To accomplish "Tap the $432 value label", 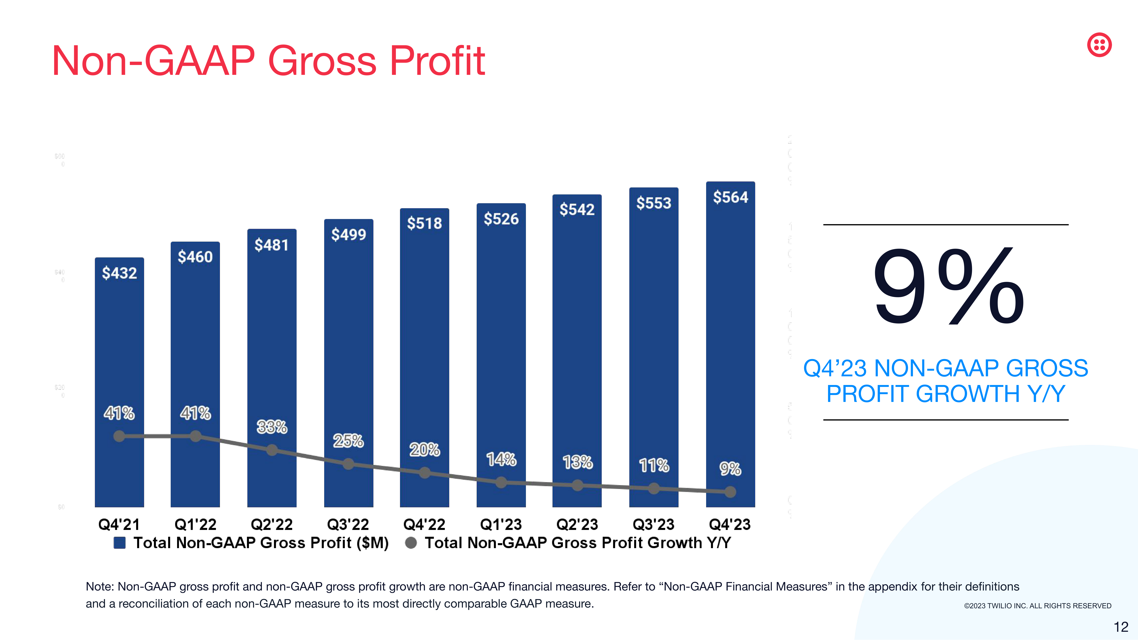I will point(119,273).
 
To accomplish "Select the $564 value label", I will point(730,197).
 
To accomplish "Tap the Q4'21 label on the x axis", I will point(119,524).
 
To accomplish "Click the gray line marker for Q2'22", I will point(272,450).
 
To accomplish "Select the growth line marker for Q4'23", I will point(730,492).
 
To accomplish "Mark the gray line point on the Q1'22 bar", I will point(195,436).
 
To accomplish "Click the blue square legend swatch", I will point(119,543).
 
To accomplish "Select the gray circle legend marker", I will point(411,543).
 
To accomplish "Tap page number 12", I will point(1121,627).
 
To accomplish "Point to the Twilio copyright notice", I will point(1037,606).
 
